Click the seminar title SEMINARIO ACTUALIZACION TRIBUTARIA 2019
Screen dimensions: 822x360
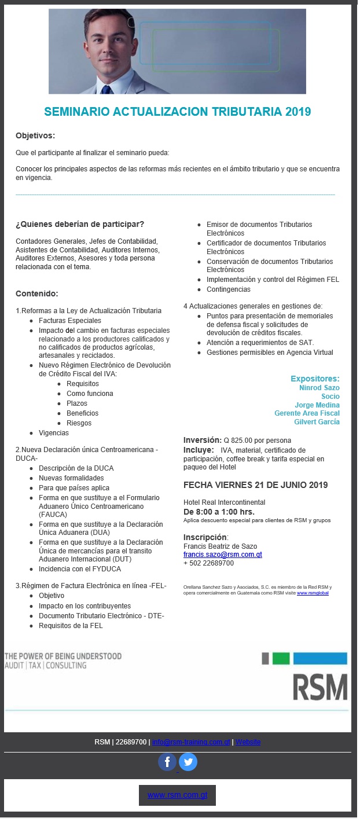click(178, 112)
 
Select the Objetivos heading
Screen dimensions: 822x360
click(35, 136)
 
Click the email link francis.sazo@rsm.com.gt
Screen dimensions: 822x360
click(223, 555)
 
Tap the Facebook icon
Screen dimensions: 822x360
click(167, 761)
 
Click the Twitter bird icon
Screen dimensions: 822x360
click(188, 761)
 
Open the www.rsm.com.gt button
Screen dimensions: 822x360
click(177, 795)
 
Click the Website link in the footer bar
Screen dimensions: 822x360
click(248, 742)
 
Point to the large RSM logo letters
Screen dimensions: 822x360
click(319, 687)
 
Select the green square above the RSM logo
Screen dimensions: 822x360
click(281, 658)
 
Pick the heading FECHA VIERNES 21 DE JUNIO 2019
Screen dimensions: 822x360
click(255, 485)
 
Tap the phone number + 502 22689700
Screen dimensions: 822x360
click(208, 563)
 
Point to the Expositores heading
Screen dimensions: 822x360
click(315, 379)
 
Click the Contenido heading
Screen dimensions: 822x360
click(36, 294)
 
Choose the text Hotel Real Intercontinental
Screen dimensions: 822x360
click(224, 502)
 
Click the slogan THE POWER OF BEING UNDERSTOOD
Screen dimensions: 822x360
click(63, 656)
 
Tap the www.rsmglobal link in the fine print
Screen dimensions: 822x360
click(313, 593)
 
